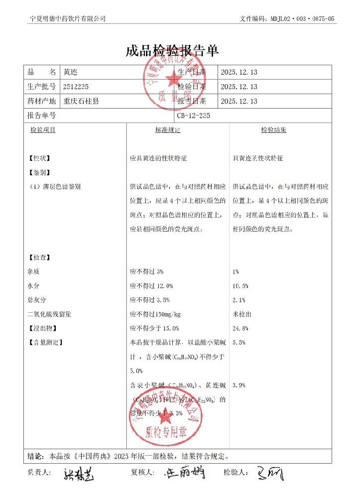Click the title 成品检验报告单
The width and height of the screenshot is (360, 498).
click(172, 51)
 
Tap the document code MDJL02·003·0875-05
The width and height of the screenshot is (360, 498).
click(303, 18)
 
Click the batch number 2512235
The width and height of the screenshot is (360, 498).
click(76, 87)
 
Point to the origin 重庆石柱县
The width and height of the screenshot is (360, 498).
click(81, 101)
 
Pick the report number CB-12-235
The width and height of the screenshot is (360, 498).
click(194, 116)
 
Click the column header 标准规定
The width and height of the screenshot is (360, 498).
click(167, 130)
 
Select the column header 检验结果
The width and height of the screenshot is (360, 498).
click(273, 130)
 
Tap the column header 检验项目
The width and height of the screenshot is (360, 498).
click(43, 130)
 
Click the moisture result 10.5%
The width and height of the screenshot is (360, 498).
click(240, 286)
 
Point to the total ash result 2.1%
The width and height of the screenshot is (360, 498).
click(239, 300)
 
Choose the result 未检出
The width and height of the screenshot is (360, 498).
click(242, 314)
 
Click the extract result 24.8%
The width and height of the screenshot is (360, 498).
click(240, 329)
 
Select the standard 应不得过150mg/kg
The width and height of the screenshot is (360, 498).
click(155, 314)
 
